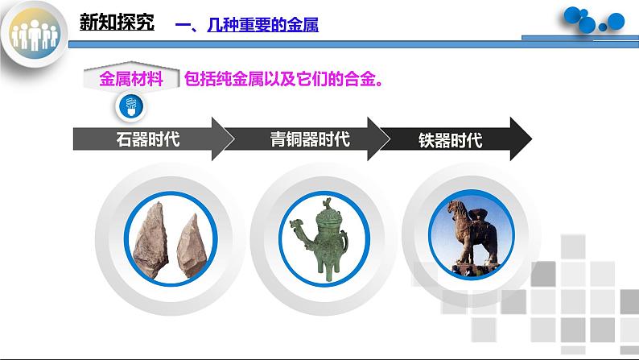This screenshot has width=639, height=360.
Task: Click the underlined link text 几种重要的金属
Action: click(258, 26)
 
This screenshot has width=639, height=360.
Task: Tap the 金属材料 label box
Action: click(130, 79)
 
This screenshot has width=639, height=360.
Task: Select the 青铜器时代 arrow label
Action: click(310, 139)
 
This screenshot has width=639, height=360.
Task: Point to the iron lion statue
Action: click(471, 234)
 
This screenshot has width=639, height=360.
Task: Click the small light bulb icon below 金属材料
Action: click(130, 104)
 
